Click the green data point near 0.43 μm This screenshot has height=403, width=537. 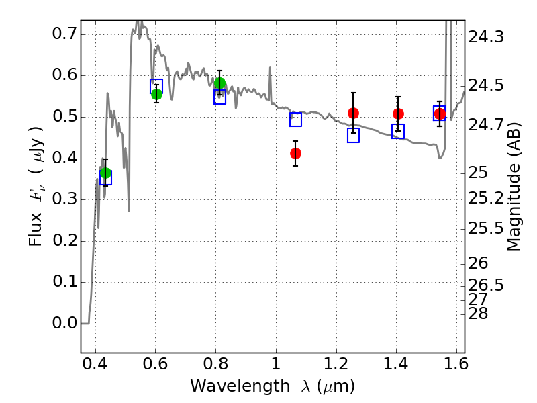point(106,173)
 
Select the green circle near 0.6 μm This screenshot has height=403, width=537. point(156,95)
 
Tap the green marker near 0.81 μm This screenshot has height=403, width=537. point(220,83)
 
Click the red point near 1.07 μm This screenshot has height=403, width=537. point(295,154)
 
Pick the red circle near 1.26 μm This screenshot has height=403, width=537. point(354,113)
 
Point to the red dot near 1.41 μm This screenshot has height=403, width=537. point(398,114)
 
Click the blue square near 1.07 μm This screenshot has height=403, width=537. point(295,120)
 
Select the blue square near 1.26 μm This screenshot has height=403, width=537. point(354,136)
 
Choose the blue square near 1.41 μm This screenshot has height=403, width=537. point(398,131)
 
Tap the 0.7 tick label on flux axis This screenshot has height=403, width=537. point(64,34)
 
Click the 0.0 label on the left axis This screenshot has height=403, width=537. point(64,323)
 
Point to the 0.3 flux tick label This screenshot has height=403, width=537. point(64,199)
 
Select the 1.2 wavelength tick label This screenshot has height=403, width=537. point(336,364)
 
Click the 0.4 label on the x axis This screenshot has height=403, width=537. point(95,364)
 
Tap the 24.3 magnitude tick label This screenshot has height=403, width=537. point(486,37)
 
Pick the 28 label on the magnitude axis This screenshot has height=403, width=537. point(478,314)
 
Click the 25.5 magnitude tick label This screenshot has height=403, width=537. point(486,228)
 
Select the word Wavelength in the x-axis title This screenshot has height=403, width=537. point(240,386)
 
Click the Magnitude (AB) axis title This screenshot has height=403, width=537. point(513,187)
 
